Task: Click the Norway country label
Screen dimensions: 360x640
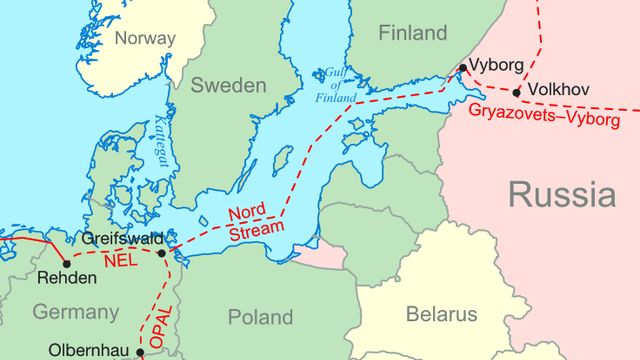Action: [x=144, y=38]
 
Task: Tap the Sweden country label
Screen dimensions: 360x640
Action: [x=230, y=84]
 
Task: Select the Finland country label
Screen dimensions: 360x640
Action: [x=412, y=33]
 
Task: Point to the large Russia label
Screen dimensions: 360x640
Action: [x=561, y=193]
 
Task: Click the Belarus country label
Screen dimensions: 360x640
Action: [x=441, y=314]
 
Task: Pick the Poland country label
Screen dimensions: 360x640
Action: [x=260, y=317]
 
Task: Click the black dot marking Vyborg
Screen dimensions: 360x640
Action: [x=462, y=69]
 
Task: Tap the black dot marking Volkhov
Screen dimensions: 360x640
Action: [x=517, y=93]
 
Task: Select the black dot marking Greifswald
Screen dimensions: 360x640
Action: [x=162, y=254]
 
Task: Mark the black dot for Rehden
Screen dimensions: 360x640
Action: [x=67, y=264]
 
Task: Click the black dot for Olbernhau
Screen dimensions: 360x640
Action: [x=140, y=352]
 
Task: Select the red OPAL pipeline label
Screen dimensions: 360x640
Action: [x=159, y=319]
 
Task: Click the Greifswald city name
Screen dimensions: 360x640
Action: [x=124, y=240]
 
